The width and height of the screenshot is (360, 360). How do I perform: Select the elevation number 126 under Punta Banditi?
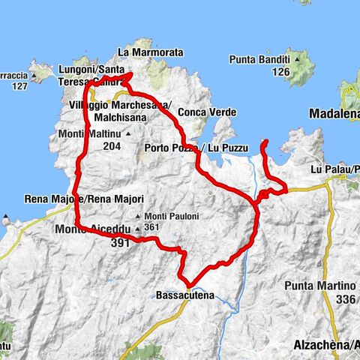point(280,72)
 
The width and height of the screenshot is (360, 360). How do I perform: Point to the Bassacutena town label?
point(185,295)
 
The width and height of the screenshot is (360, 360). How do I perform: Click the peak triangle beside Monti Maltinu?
point(128,135)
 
